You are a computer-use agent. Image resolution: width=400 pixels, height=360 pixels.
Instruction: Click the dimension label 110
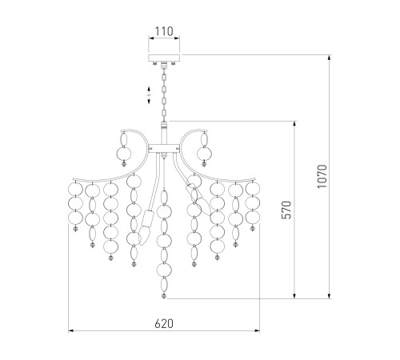coord(164,31)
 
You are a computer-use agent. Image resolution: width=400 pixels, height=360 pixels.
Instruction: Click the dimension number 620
coord(164,323)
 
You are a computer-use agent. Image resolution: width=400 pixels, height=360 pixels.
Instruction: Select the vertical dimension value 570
coord(286,210)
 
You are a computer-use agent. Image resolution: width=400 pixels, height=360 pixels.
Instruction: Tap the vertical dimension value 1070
coord(322,176)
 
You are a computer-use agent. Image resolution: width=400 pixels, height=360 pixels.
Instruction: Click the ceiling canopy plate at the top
coord(164,58)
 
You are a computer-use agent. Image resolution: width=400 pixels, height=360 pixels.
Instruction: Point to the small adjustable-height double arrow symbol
coord(149,94)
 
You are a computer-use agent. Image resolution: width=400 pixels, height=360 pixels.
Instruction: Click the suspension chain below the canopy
coord(164,94)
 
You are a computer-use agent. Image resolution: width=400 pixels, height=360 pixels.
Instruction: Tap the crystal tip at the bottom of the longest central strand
coord(164,296)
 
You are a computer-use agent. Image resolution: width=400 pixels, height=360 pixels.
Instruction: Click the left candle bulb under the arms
coord(146,237)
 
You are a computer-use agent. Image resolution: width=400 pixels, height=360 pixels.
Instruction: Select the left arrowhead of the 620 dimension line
coord(70,331)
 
